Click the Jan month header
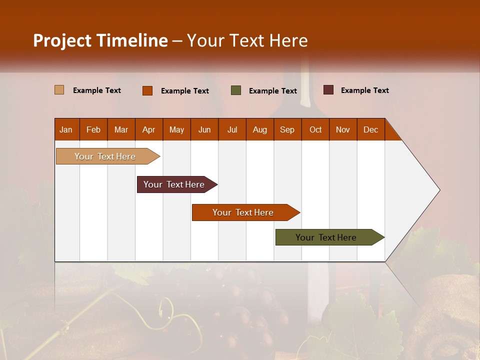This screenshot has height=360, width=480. (66, 129)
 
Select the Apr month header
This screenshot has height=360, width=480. (148, 129)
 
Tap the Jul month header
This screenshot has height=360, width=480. (232, 129)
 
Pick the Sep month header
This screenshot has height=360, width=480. (287, 129)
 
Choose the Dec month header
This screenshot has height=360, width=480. (370, 129)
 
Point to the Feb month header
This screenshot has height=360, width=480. (93, 129)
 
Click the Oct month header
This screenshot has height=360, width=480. (315, 129)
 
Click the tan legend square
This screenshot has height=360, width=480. (59, 90)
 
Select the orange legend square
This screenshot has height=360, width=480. (147, 90)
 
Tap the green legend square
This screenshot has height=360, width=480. (236, 90)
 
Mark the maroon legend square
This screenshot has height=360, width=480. (328, 90)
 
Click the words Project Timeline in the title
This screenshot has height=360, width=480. (100, 40)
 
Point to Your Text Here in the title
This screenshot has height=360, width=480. (247, 40)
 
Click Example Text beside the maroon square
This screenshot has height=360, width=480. (364, 90)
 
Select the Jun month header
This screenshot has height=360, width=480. (204, 129)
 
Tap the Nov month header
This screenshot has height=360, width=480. (343, 129)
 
